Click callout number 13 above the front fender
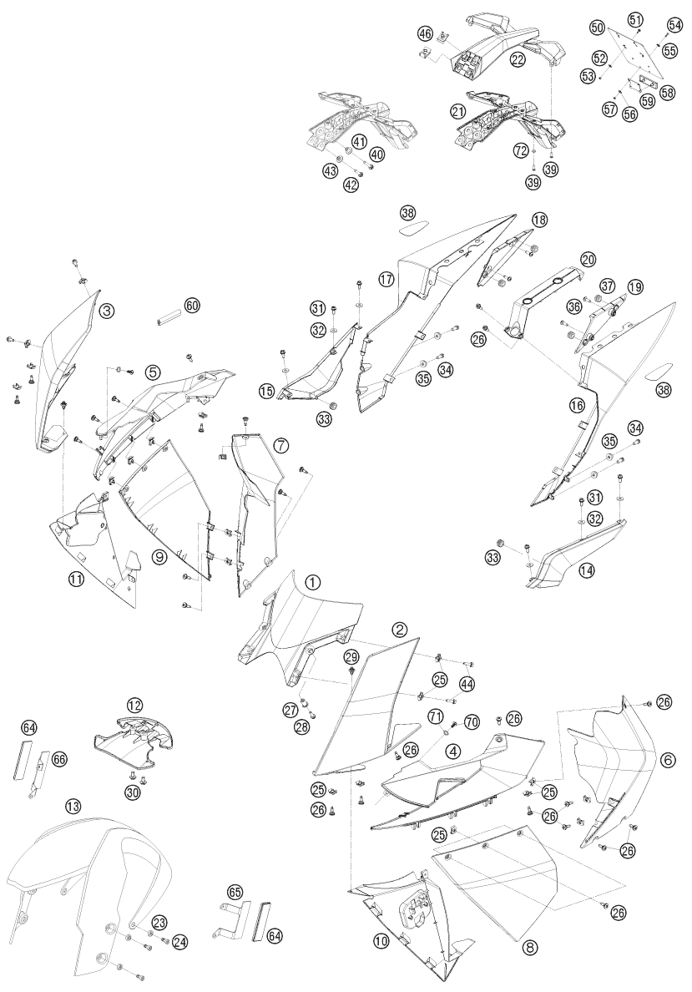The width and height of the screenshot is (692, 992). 73,805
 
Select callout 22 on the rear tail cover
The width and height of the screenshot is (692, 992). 518,59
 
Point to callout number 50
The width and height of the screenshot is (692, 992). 597,28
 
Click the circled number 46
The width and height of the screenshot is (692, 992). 425,33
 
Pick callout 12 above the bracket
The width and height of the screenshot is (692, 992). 134,704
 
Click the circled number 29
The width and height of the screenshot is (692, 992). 351,656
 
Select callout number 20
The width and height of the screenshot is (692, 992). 588,260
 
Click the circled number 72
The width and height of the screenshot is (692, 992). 521,150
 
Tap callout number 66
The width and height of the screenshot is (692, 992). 58,758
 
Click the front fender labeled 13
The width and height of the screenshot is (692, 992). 85,886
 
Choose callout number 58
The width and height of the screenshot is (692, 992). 667,93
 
